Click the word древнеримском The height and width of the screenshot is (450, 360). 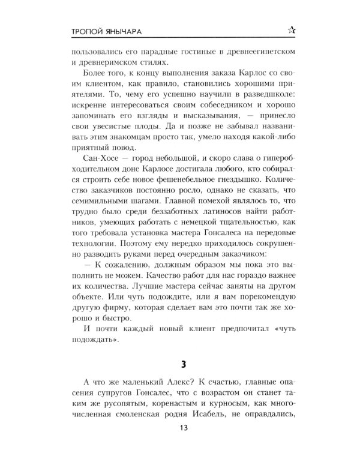click(108, 62)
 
